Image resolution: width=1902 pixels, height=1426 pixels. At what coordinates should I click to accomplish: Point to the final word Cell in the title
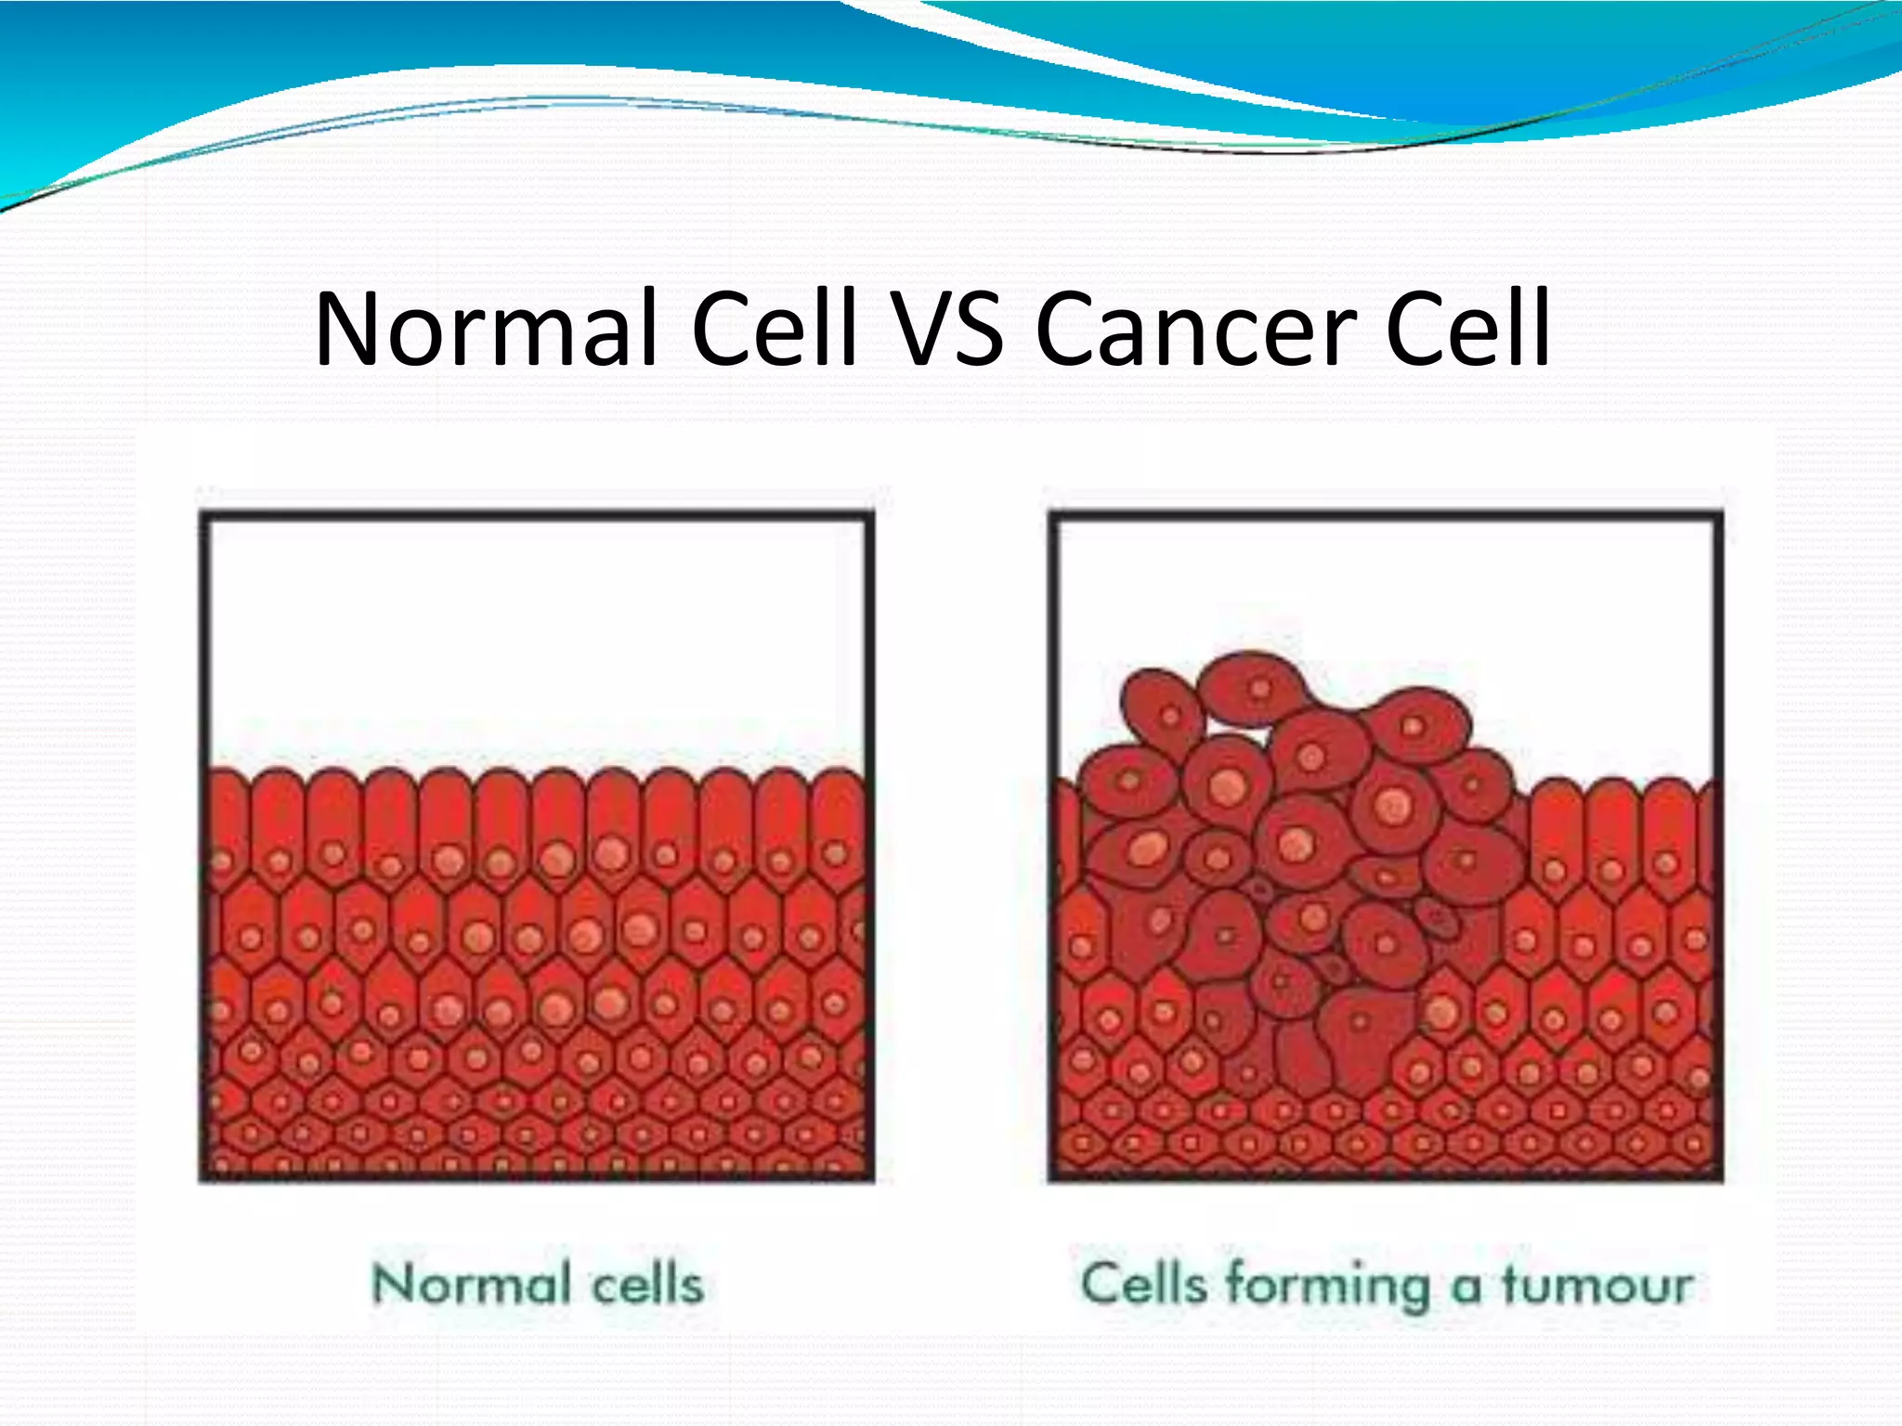[1467, 329]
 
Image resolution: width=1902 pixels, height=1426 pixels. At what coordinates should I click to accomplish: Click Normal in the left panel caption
[471, 1285]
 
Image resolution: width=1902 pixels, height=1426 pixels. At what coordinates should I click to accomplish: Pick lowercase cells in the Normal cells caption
[647, 1285]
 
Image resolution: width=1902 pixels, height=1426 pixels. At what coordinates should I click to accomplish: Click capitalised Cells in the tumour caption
[1143, 1285]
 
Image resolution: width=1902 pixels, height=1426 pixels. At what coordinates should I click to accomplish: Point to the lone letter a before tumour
[1466, 1289]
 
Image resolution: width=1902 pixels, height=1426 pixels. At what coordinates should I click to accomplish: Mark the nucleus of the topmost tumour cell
[1260, 689]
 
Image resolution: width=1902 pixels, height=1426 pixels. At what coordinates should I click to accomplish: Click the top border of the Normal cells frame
[537, 515]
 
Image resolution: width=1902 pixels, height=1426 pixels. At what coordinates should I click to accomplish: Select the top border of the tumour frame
[1386, 515]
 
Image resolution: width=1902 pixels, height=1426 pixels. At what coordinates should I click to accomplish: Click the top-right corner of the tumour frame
[1718, 516]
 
